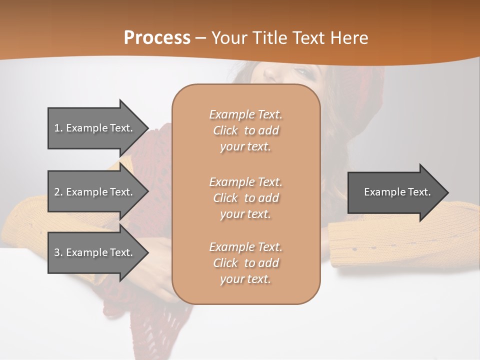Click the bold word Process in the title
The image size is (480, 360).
(157, 38)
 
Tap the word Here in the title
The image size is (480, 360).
(349, 38)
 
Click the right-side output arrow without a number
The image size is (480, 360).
(395, 192)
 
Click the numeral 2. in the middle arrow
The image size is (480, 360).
(58, 192)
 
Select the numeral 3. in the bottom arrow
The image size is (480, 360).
(58, 252)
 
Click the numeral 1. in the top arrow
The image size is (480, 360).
(58, 128)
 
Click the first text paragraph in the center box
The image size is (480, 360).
(245, 130)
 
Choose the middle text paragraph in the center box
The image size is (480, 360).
(245, 198)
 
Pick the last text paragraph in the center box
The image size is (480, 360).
(245, 263)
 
